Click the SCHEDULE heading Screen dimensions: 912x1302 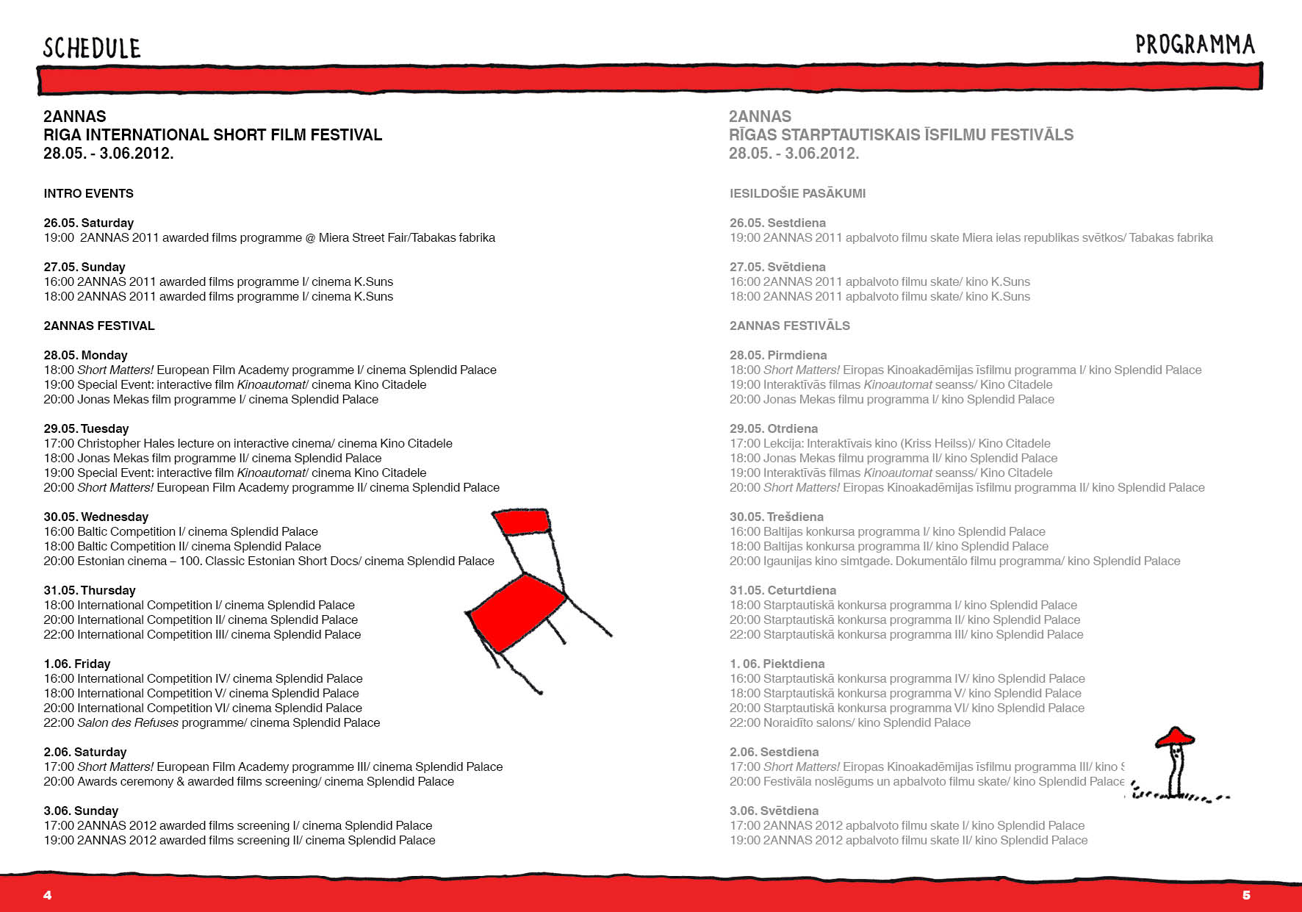coord(92,49)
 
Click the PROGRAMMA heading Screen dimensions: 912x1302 coord(1195,45)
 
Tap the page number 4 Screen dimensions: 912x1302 coord(48,894)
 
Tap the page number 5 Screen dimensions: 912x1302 coord(1246,894)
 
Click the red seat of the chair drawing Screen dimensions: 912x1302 coord(517,611)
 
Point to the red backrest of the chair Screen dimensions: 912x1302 coord(522,521)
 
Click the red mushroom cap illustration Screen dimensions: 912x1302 coord(1174,736)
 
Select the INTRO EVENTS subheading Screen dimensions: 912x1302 coord(88,193)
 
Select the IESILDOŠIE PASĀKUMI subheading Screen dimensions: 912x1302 coord(797,193)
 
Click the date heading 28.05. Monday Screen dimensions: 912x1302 coord(85,355)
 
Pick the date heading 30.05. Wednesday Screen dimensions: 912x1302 coord(96,517)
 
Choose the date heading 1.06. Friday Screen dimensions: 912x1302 coord(76,664)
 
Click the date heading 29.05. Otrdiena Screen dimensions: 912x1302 coord(773,428)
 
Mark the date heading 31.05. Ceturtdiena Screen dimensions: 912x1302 coord(783,590)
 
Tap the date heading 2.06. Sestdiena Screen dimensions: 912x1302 coord(774,752)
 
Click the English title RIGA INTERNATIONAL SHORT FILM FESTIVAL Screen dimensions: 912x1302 coord(212,134)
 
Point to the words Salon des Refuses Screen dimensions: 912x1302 coord(128,722)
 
